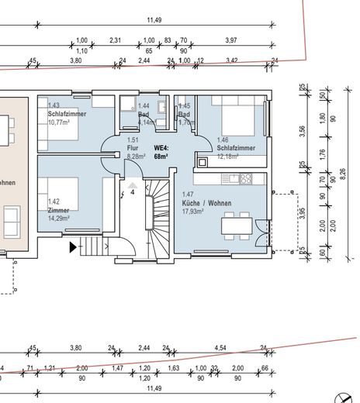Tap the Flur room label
(x=133, y=148)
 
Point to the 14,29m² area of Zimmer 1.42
(x=58, y=219)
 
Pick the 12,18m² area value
(x=228, y=156)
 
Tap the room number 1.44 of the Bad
(x=143, y=105)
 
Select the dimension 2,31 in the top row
(x=115, y=40)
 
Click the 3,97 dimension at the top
(x=231, y=40)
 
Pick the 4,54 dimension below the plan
(x=220, y=349)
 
